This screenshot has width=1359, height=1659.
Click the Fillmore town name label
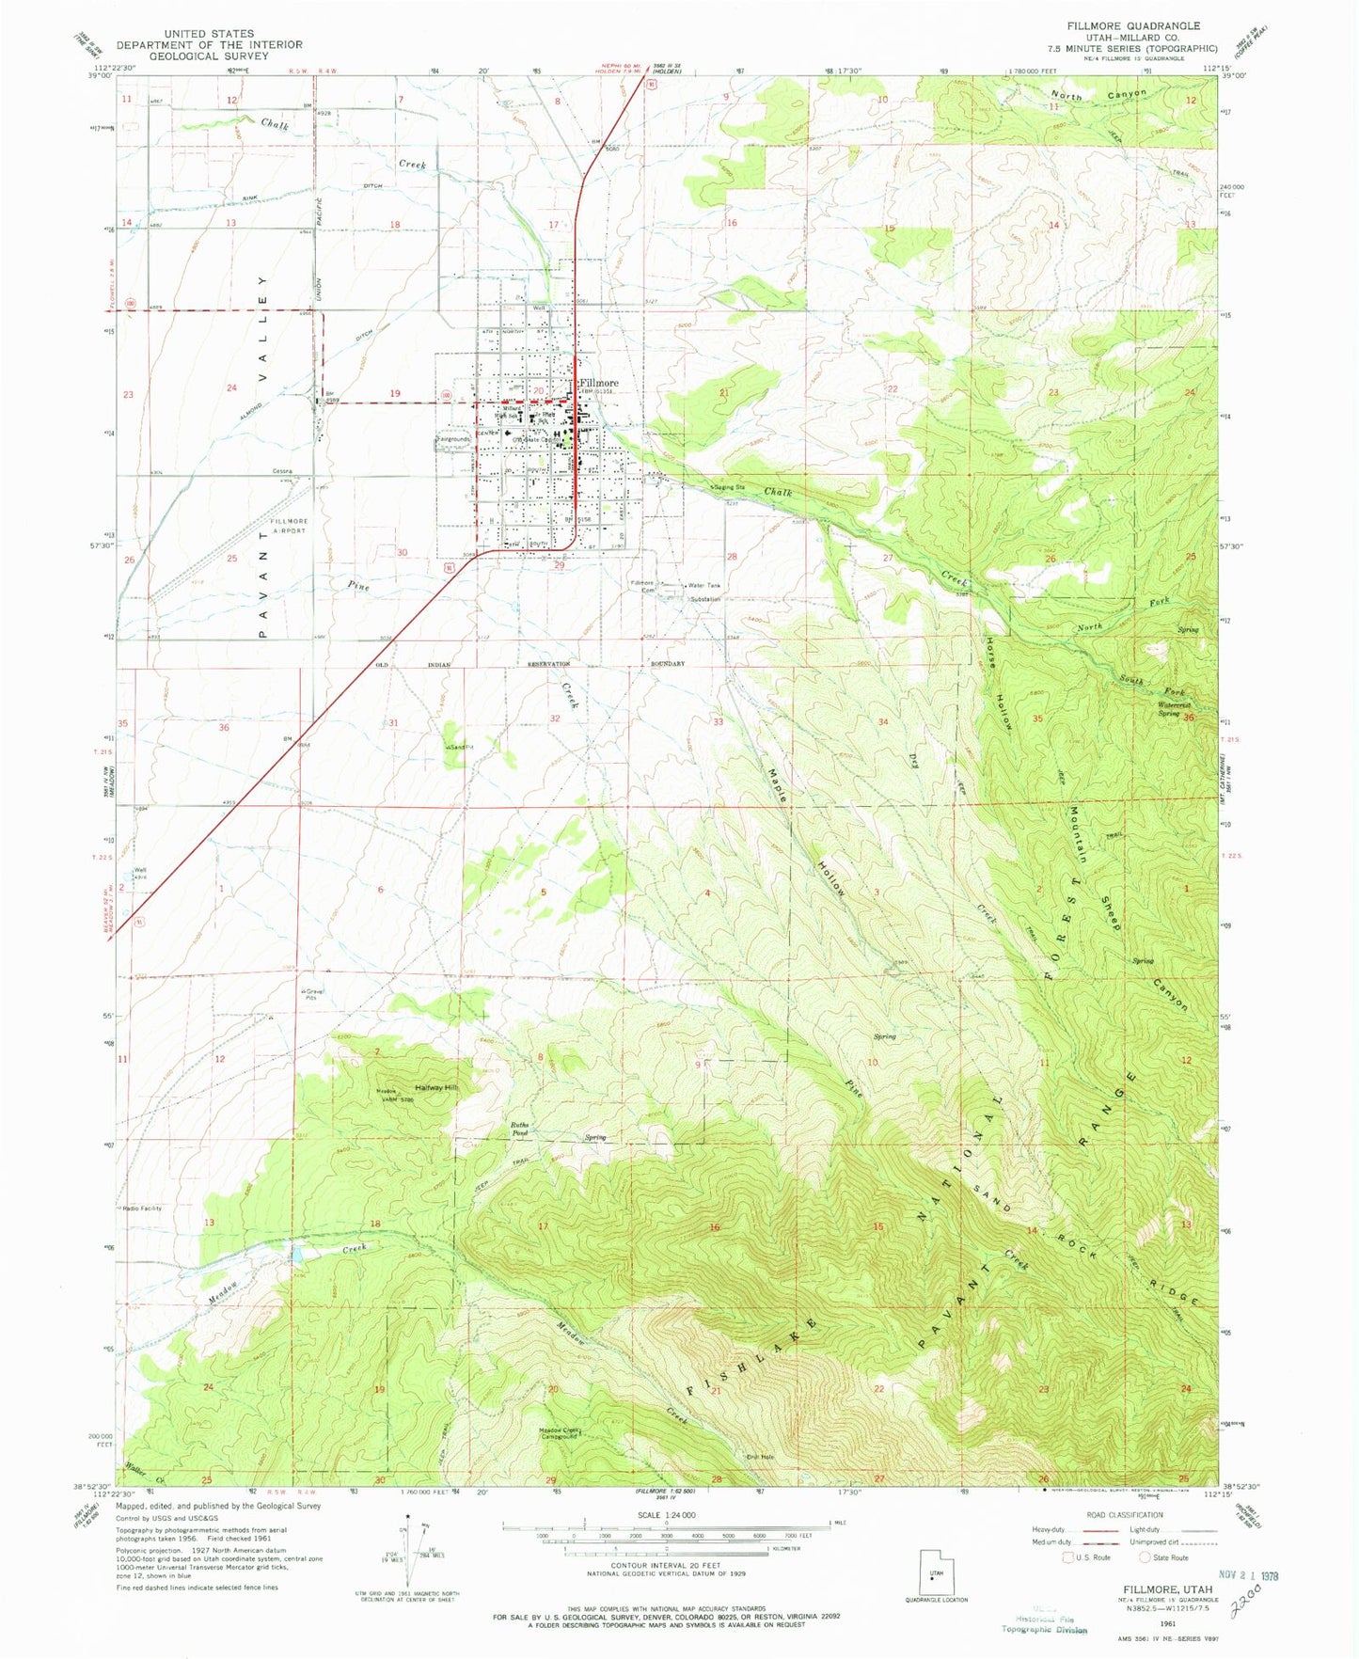click(599, 383)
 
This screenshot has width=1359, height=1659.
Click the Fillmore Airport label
click(289, 526)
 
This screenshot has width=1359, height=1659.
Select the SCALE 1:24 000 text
click(663, 1515)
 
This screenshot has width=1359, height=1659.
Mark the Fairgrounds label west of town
click(453, 439)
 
